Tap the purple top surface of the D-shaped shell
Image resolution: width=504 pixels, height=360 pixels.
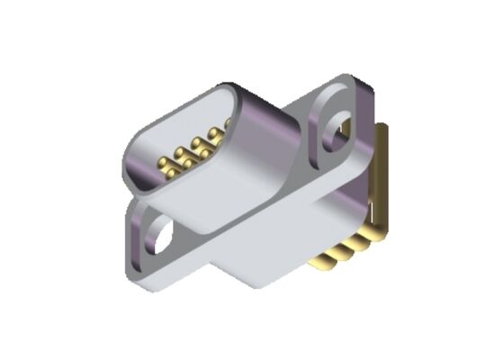click(x=261, y=108)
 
